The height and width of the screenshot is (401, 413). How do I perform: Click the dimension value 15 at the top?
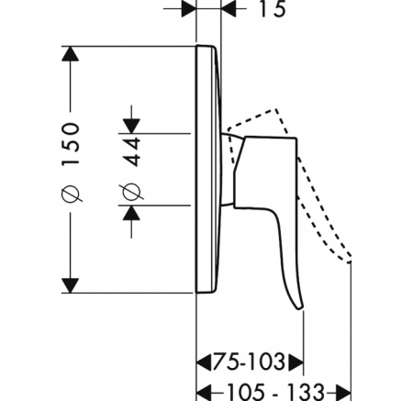273,8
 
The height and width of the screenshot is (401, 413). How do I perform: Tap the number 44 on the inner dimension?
132,152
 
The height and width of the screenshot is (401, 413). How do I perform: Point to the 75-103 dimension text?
249,362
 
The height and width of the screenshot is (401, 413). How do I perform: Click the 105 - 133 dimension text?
275,392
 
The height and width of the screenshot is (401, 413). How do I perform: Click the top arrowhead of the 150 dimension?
71,54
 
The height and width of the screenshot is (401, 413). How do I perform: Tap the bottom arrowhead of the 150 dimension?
71,285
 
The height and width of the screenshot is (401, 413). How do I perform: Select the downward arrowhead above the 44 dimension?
131,126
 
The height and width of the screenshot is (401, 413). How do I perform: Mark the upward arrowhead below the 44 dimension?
131,213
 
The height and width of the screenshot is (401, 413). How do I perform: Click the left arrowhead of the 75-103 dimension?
204,362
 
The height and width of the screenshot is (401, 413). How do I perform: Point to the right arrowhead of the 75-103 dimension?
296,362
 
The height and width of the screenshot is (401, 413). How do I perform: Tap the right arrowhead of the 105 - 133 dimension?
343,393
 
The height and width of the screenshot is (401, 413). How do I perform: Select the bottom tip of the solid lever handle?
301,309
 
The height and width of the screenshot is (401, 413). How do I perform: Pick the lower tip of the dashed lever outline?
350,262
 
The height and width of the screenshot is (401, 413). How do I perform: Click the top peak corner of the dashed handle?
276,109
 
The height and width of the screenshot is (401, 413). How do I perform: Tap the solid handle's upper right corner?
296,139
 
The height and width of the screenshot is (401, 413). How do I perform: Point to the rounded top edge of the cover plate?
206,46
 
